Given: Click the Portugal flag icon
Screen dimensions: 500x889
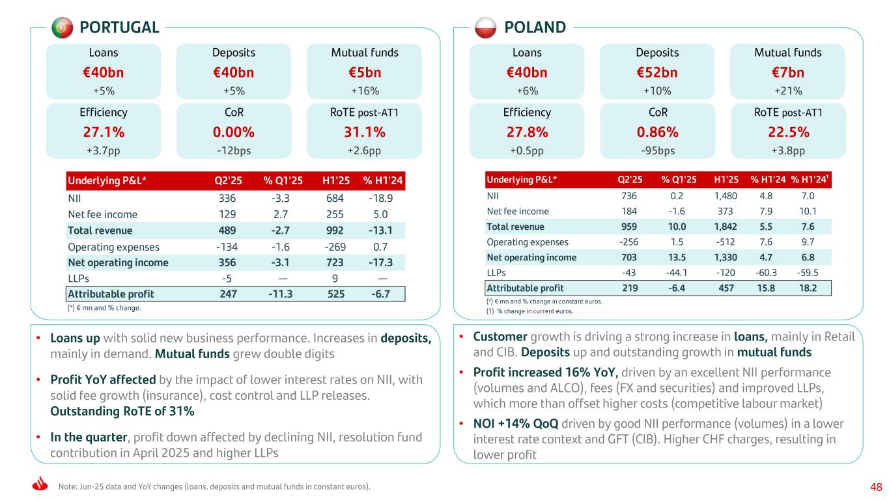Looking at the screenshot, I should pos(62,27).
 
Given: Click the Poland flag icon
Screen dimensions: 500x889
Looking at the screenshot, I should pos(485,27).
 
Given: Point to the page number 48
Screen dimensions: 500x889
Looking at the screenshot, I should pos(876,487).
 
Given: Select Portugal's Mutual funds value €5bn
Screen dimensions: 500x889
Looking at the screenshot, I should pos(364,72).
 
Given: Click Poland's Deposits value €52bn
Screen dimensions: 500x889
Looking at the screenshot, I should pos(657,72).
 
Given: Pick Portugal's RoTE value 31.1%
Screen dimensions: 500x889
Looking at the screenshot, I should pos(364,132).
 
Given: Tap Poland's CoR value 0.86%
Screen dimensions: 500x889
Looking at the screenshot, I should pos(657,132).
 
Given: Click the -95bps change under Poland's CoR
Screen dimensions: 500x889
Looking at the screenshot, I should pos(657,150).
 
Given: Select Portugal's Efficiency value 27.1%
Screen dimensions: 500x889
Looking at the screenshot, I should pos(104,132).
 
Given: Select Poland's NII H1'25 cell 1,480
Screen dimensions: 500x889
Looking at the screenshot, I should pos(724,195).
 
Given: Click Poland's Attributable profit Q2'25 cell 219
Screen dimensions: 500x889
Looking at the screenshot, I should pos(632,288).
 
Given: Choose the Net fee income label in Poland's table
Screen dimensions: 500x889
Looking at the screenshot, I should pos(518,211).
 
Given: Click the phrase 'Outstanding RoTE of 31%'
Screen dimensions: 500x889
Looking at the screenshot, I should pos(122,411).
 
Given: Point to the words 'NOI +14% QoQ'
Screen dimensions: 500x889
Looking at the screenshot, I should pos(515,424).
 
